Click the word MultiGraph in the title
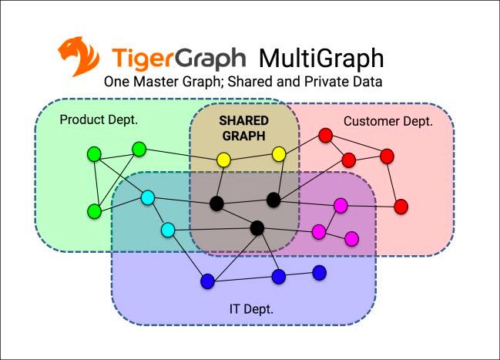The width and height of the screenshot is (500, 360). [x=321, y=59]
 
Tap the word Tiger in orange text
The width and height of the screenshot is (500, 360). [x=139, y=59]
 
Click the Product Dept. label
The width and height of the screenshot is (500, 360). [x=99, y=120]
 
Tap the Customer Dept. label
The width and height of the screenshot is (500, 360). [x=388, y=122]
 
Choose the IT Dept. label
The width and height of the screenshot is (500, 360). [x=251, y=309]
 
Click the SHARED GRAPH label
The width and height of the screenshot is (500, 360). [x=244, y=128]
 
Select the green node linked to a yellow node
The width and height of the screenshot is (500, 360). [x=139, y=149]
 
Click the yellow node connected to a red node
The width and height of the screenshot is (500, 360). [x=279, y=154]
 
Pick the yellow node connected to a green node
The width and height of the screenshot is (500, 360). [x=223, y=160]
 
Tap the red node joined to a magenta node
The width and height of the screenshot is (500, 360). [x=401, y=207]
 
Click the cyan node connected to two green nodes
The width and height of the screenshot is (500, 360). [x=148, y=198]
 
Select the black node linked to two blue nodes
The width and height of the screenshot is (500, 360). [x=257, y=228]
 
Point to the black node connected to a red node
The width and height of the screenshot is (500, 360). [x=273, y=200]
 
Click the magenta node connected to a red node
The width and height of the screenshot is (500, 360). [x=341, y=206]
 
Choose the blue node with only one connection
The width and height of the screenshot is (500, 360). [x=319, y=273]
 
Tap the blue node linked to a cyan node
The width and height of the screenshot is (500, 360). [x=207, y=281]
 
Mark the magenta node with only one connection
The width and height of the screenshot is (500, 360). [x=352, y=239]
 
